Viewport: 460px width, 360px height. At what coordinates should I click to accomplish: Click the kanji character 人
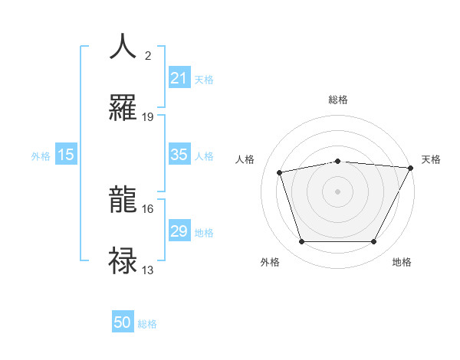point(123,46)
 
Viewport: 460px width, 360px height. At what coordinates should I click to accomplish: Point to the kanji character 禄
point(123,260)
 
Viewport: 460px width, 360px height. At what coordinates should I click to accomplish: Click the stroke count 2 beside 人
point(148,55)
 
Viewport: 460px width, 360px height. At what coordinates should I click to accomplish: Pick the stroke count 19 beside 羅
point(148,116)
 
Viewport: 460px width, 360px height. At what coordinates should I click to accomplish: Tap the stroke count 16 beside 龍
point(148,208)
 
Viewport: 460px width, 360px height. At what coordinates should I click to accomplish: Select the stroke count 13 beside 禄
point(148,270)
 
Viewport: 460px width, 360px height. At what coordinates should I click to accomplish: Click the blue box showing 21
point(179,78)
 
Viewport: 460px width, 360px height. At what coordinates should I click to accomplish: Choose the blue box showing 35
point(179,155)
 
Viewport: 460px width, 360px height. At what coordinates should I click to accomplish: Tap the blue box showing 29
point(179,231)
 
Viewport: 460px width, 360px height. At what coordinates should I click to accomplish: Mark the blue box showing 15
point(66,155)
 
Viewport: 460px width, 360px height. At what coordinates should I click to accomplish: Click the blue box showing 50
point(123,322)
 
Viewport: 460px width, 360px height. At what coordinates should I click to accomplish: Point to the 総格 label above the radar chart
point(338,100)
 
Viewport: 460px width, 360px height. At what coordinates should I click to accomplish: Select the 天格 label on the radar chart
point(431,159)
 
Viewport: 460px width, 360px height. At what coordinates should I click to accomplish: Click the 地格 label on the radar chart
point(402,262)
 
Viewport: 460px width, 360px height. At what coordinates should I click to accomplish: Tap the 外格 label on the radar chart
point(270,262)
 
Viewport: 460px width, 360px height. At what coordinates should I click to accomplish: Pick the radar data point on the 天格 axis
point(411,167)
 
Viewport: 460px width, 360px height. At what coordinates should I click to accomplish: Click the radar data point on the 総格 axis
point(338,161)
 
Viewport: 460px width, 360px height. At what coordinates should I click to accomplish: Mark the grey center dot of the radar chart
point(338,191)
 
